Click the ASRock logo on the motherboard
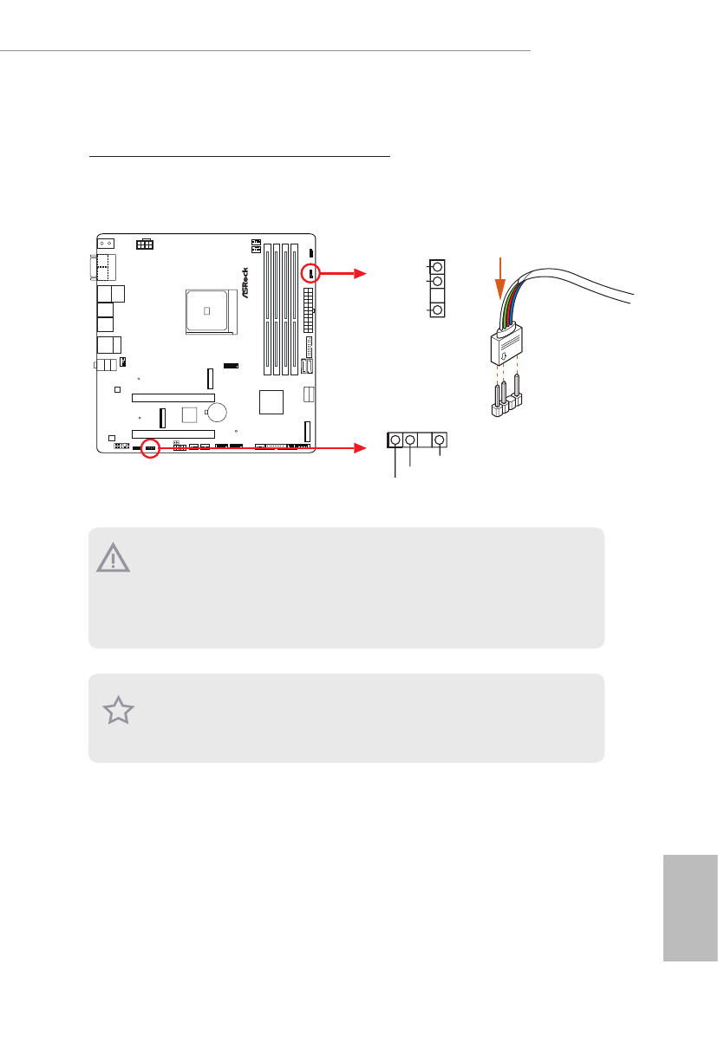pos(245,283)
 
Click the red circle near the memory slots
pos(311,273)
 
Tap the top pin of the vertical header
pos(437,266)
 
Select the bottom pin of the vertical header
pos(437,310)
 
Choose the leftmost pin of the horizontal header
pos(396,440)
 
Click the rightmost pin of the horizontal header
pos(440,440)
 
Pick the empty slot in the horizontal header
pos(425,440)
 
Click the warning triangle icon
pos(114,558)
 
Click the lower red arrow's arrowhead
pos(362,449)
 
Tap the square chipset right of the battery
pos(271,402)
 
